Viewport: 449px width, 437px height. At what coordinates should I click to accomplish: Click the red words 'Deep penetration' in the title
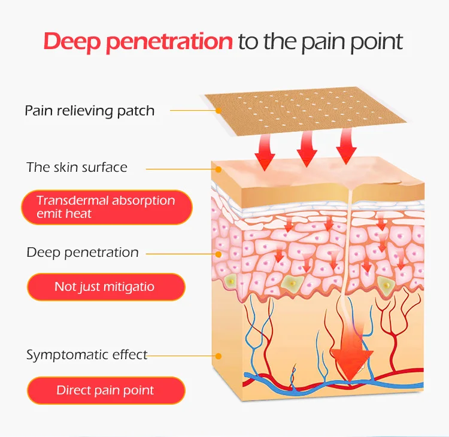pyautogui.click(x=138, y=42)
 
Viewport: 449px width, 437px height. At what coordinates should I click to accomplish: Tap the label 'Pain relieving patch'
pyautogui.click(x=89, y=111)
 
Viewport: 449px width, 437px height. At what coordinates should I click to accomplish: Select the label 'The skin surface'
pyautogui.click(x=77, y=167)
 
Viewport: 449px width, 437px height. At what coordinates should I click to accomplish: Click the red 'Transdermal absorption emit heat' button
pyautogui.click(x=107, y=207)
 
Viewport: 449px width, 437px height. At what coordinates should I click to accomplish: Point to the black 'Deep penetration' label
pyautogui.click(x=83, y=252)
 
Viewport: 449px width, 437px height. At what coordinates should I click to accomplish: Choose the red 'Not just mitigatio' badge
pyautogui.click(x=105, y=287)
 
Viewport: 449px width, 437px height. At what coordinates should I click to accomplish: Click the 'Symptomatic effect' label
pyautogui.click(x=87, y=354)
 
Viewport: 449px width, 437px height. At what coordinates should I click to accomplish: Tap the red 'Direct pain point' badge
pyautogui.click(x=105, y=390)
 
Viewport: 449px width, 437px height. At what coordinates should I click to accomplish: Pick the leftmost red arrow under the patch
pyautogui.click(x=265, y=153)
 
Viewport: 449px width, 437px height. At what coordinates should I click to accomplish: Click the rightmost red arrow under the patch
pyautogui.click(x=347, y=147)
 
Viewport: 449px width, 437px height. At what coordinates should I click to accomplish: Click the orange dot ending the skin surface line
pyautogui.click(x=219, y=169)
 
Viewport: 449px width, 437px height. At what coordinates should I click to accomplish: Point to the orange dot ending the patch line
pyautogui.click(x=219, y=111)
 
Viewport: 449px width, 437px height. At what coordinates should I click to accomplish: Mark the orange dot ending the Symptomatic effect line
pyautogui.click(x=219, y=356)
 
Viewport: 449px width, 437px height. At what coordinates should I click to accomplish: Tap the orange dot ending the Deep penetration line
pyautogui.click(x=219, y=254)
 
